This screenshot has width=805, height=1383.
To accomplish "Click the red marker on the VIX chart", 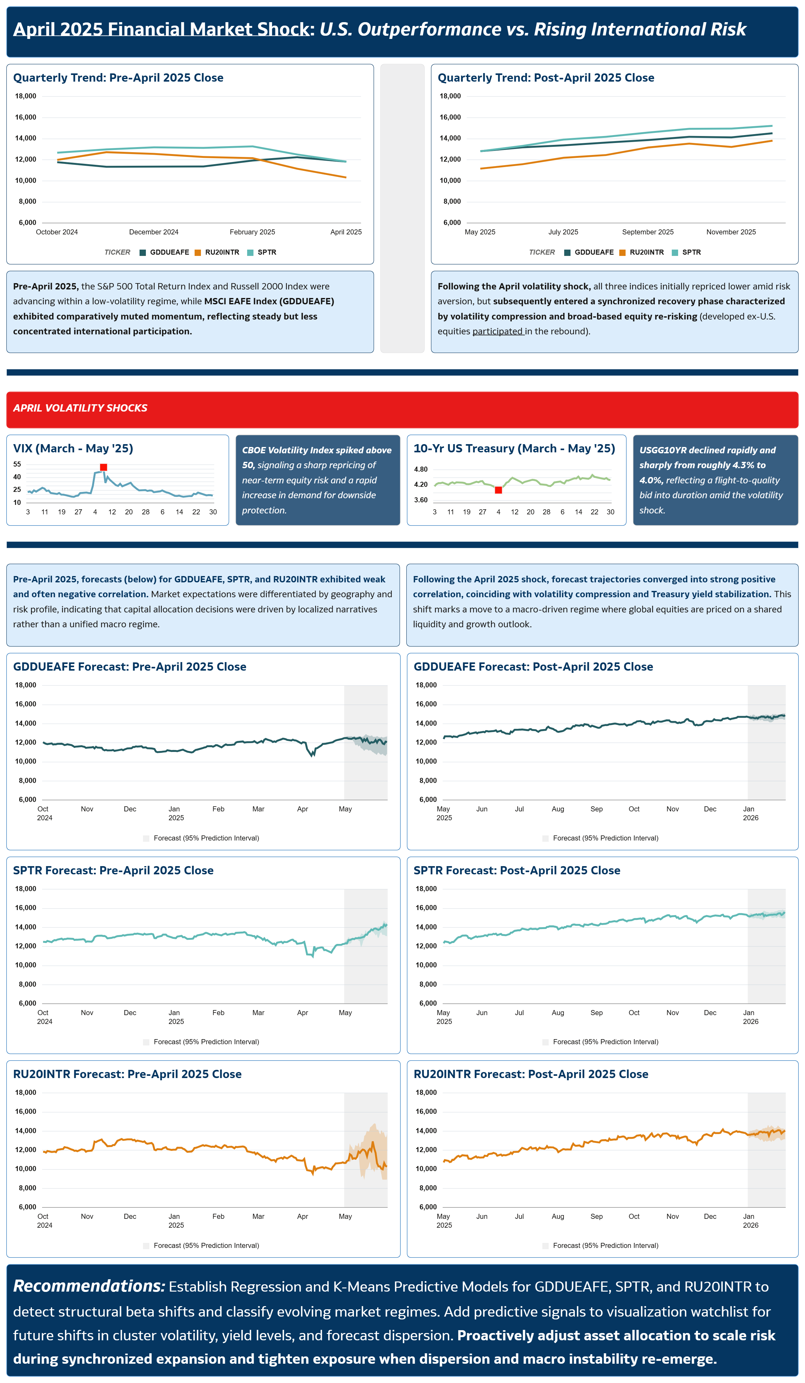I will [x=103, y=467].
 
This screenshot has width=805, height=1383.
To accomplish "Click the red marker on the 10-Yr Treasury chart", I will [x=498, y=490].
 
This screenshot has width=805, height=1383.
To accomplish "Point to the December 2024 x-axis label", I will [x=154, y=232].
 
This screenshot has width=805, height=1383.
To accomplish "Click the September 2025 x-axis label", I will [x=647, y=232].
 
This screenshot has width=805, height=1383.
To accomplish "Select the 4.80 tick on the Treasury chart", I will [x=421, y=469].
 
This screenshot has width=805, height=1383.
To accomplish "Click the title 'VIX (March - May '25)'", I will [x=73, y=448].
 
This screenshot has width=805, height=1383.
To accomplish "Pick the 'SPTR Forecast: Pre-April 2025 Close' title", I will [x=113, y=871].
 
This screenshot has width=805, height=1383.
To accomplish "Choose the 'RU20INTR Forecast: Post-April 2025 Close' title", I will [x=530, y=1074].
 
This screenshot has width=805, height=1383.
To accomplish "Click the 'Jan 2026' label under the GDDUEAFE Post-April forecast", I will [x=750, y=813].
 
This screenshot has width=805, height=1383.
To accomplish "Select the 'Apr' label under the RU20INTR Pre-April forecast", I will [x=303, y=1216].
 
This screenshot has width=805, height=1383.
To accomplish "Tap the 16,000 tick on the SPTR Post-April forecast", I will [x=426, y=908].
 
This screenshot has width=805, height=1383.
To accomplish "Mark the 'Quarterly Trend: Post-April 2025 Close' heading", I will [x=546, y=78].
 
